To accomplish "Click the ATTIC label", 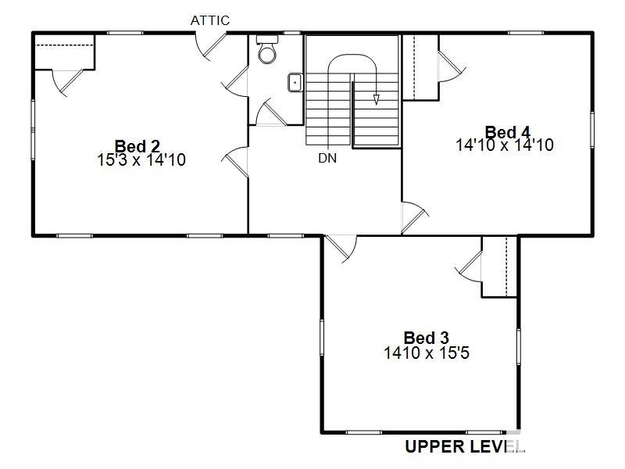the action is [x=209, y=20].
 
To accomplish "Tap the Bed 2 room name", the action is [x=137, y=146].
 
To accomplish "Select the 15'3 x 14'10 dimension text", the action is [x=141, y=160].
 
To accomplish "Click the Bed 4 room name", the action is [x=508, y=132].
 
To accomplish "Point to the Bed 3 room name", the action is [x=426, y=338].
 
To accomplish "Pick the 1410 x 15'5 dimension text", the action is [x=427, y=353].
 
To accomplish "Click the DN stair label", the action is [x=327, y=159].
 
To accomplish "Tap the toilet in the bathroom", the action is [x=267, y=49].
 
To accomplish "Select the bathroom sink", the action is [x=295, y=83].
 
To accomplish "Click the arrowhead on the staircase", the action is [x=376, y=100].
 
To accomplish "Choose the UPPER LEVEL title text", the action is [x=464, y=446].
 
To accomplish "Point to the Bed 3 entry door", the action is [x=341, y=249].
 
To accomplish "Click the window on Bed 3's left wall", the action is [x=322, y=338].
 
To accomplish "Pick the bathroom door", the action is [x=270, y=114].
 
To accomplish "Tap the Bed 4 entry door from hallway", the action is [x=415, y=217].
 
